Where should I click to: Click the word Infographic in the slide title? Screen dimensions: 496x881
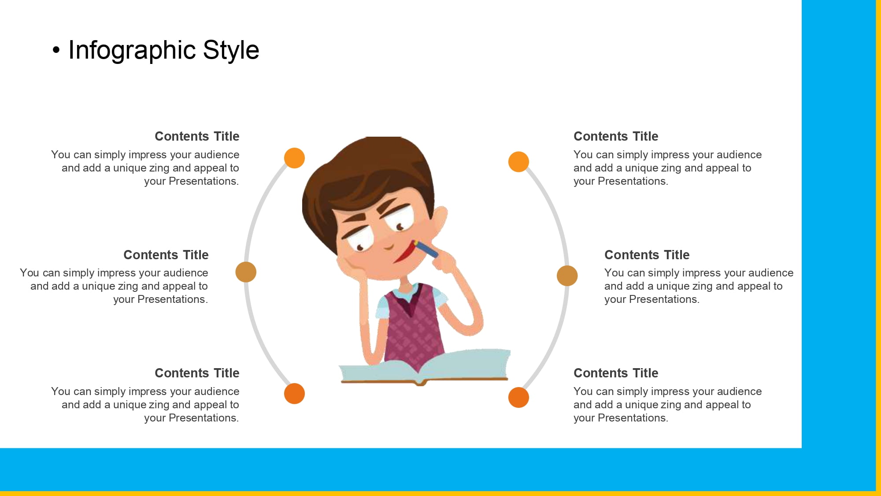(132, 50)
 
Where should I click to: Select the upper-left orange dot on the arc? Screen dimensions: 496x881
(294, 158)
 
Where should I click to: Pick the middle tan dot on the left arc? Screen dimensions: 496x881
(246, 272)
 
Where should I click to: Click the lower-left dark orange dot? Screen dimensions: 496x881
(294, 393)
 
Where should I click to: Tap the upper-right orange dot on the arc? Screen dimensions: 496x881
(518, 162)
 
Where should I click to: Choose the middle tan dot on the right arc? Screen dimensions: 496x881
(567, 276)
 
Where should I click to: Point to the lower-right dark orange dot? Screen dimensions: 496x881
(518, 397)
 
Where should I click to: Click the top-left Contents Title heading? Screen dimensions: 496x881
(197, 136)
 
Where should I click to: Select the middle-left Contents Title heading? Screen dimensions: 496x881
(166, 255)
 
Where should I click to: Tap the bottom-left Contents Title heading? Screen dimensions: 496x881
(197, 373)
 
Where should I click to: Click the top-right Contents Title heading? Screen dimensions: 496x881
(616, 136)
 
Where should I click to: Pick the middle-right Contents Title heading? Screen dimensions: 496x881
(647, 255)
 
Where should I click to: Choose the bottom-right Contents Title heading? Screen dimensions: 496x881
(616, 373)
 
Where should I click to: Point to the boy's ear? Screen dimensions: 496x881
(440, 220)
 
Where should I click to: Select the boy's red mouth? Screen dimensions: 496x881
(404, 253)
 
